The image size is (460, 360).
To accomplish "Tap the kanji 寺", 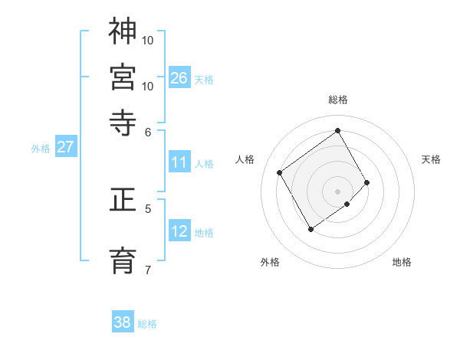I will click(x=123, y=122).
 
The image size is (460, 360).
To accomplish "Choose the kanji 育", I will click(x=123, y=259).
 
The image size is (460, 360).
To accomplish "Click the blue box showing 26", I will click(x=179, y=77).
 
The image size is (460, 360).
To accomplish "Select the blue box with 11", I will click(x=179, y=162).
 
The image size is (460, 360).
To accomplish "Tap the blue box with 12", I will click(x=179, y=231).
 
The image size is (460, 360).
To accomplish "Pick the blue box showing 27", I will click(x=65, y=147).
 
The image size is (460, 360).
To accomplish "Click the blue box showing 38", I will click(x=123, y=322).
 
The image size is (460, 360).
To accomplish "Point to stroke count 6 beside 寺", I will click(x=148, y=131).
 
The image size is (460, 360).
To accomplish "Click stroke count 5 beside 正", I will click(x=148, y=208).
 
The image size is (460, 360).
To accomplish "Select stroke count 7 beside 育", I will click(x=148, y=269).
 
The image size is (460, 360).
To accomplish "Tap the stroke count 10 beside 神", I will click(x=148, y=40).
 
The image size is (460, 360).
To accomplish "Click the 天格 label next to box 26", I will click(x=204, y=79).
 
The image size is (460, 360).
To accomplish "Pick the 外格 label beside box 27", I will click(x=41, y=149).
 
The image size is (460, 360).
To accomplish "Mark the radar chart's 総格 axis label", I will click(x=338, y=100).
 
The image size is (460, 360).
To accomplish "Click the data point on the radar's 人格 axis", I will click(x=280, y=173).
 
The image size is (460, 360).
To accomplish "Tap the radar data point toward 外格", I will click(x=310, y=229).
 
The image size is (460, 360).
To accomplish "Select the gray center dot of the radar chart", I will click(x=338, y=191).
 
